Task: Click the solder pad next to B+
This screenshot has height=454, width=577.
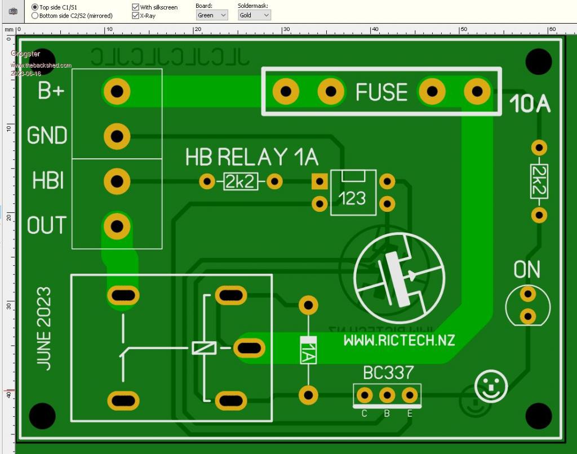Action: [117, 91]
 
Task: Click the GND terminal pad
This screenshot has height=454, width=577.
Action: [117, 136]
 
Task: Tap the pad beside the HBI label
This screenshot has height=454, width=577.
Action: [117, 181]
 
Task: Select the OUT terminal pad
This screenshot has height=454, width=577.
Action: [117, 226]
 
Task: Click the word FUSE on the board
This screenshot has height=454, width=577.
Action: [381, 92]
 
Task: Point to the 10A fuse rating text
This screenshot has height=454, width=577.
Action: [530, 104]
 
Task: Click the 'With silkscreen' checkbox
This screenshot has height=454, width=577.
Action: [136, 7]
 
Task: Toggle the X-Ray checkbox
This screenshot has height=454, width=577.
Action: [136, 16]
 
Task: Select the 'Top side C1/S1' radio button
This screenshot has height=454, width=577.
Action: [35, 7]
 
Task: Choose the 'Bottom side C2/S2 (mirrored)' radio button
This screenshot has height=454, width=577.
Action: [35, 16]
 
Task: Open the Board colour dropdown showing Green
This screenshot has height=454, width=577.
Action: [212, 15]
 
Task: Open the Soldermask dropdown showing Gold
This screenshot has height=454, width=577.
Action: [254, 15]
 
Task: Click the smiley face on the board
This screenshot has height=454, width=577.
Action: [491, 386]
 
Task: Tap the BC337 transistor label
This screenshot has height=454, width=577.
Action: [388, 372]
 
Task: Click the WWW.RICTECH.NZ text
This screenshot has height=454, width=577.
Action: [399, 340]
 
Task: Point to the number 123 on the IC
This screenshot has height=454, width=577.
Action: [353, 198]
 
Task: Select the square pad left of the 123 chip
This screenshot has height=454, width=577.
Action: [319, 181]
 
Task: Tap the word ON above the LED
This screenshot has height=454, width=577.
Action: [527, 270]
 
